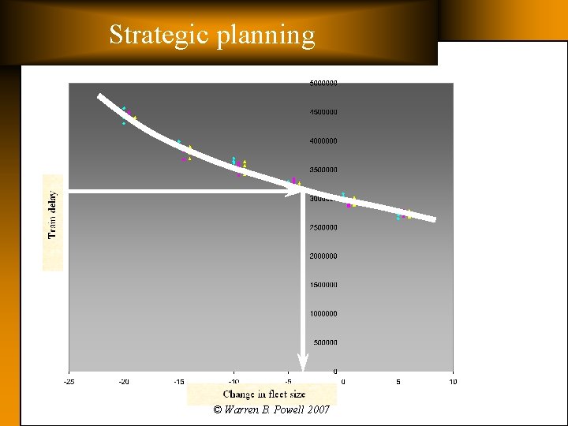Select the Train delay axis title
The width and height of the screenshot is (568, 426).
(x=53, y=215)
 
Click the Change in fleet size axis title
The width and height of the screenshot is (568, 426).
(x=263, y=394)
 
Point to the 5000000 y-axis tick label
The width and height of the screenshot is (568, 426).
(x=323, y=83)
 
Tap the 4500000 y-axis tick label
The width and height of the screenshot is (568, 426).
(x=323, y=112)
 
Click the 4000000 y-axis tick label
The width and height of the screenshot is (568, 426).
(x=323, y=140)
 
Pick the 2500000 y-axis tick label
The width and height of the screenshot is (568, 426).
(x=323, y=227)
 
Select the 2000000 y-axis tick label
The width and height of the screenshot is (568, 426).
(x=323, y=256)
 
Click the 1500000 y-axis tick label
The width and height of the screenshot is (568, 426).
(x=323, y=285)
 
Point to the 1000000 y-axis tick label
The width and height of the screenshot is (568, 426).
(x=323, y=313)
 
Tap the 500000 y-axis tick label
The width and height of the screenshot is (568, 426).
(x=325, y=342)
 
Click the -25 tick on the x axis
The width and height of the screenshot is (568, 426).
(x=69, y=382)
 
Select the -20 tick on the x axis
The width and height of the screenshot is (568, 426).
(x=124, y=382)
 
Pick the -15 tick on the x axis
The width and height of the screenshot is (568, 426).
(x=178, y=382)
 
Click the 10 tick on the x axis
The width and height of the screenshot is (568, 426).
(x=452, y=382)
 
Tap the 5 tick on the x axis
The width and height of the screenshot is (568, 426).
(x=398, y=382)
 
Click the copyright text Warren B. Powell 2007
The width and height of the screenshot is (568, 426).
(x=271, y=410)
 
